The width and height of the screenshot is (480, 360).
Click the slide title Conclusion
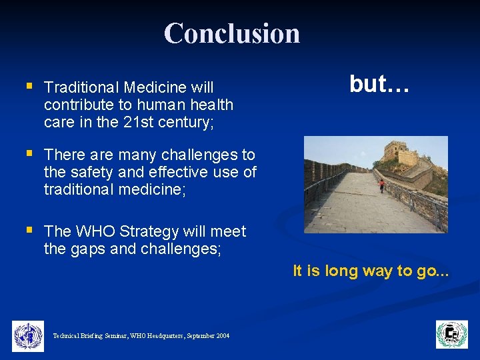[x=232, y=33]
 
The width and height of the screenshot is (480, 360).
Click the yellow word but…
[x=379, y=84]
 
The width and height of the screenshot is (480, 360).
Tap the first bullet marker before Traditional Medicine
[x=29, y=86]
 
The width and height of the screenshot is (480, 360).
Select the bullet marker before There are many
[x=29, y=153]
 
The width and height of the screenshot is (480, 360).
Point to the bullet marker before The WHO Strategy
[x=29, y=230]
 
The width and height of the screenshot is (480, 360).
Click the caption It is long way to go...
[x=371, y=271]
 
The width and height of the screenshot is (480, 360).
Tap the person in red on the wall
[x=382, y=185]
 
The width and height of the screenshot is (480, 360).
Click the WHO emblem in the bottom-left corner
[x=28, y=335]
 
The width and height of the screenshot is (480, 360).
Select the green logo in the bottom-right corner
[x=452, y=335]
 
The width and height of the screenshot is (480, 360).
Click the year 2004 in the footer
[x=223, y=336]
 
